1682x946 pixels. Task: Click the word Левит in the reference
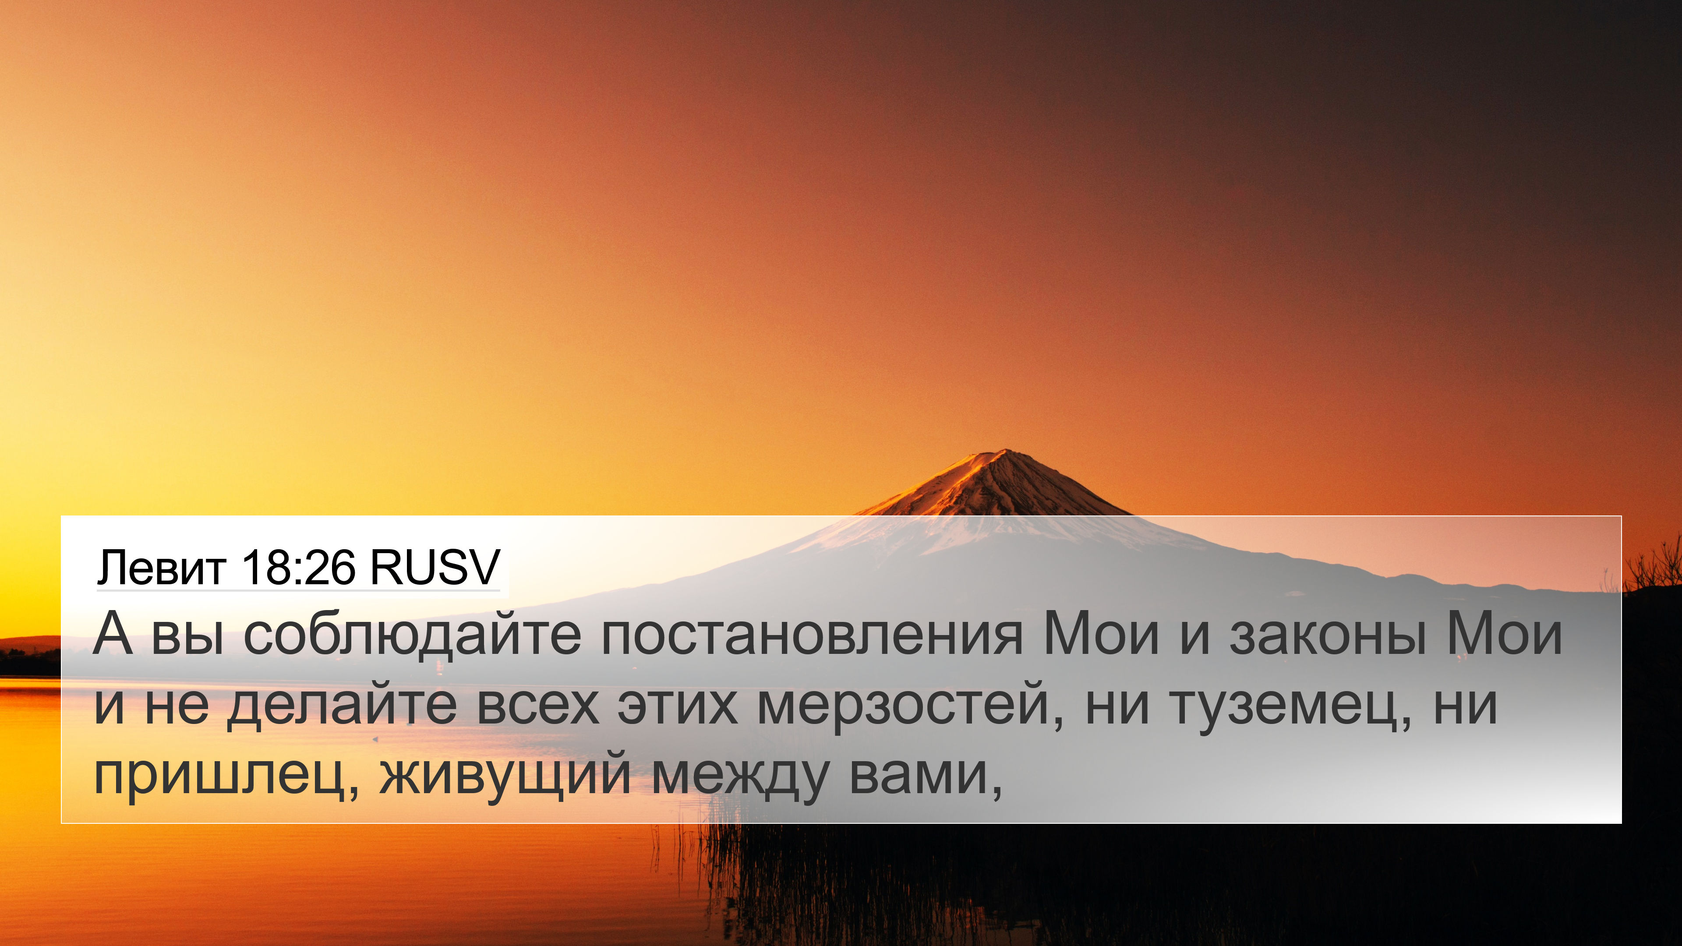tap(161, 567)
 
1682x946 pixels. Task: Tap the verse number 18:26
tap(298, 567)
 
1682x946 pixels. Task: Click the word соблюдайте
tap(412, 635)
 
